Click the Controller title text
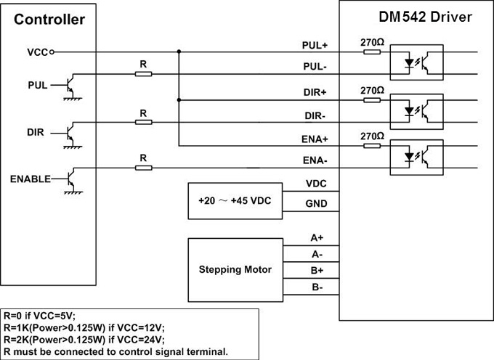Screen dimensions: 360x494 tap(49, 20)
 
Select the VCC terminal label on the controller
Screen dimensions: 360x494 tap(37, 52)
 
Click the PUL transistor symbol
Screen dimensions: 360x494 tap(70, 86)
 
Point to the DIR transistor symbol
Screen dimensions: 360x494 tap(70, 134)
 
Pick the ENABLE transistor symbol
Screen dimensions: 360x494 tap(71, 179)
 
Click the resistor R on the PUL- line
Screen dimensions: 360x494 tap(144, 73)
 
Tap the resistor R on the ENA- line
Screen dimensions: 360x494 tap(144, 168)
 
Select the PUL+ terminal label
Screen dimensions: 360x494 tap(315, 45)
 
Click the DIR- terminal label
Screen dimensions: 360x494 tap(315, 116)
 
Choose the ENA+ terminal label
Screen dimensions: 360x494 tap(315, 139)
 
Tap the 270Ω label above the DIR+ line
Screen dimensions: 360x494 tap(371, 90)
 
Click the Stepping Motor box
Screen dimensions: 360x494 tap(235, 269)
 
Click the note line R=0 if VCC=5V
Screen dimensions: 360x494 tap(40, 316)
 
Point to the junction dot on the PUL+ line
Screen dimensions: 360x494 tap(179, 52)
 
